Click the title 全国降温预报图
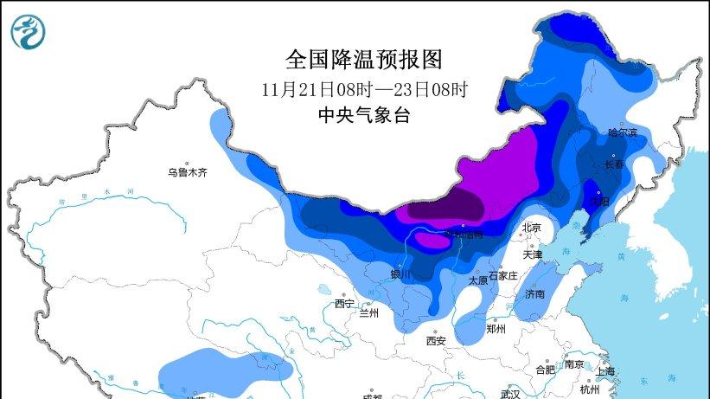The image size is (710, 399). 363,59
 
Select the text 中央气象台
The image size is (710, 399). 363,116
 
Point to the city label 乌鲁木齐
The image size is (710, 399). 188,172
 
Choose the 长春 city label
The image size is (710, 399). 615,164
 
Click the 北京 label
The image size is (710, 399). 531,227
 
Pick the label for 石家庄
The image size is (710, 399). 502,275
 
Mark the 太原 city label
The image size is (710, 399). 478,280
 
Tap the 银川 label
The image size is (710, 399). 401,274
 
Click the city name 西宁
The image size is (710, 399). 344,303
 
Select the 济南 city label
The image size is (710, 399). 534,294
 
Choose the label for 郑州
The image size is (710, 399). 496,329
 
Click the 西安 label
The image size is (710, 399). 435,341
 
